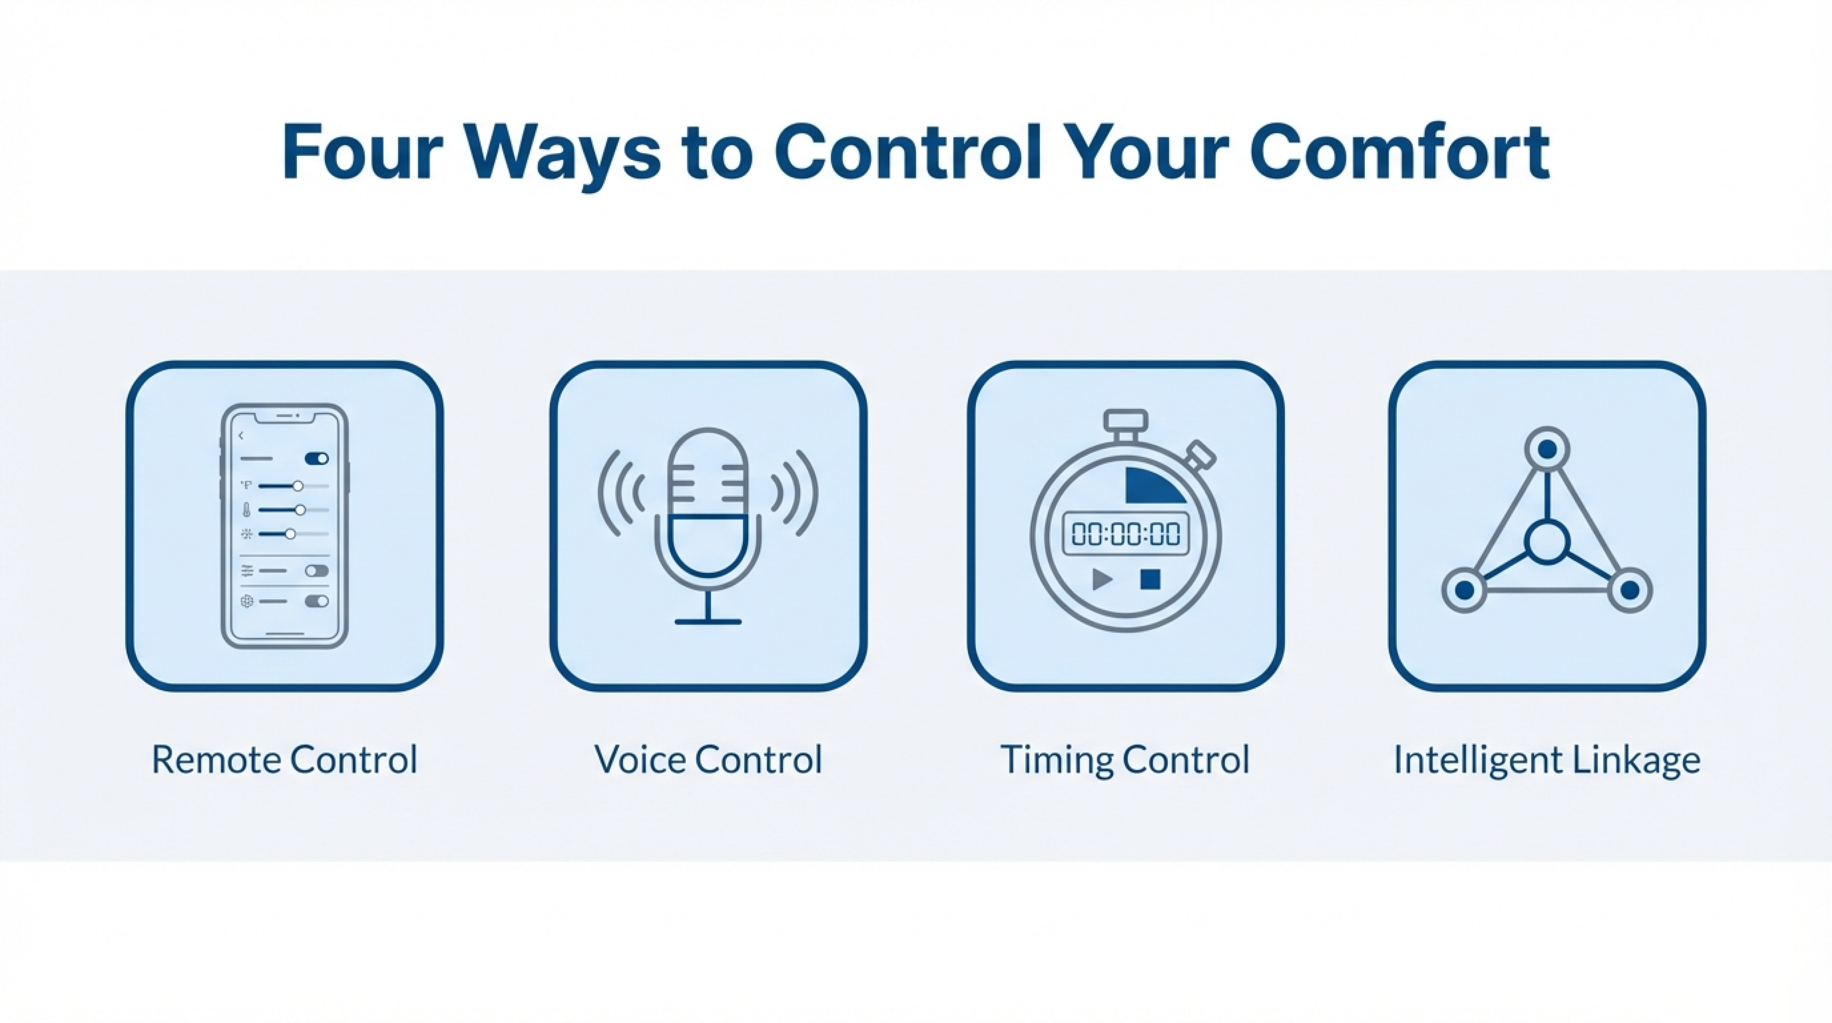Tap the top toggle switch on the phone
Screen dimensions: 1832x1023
coord(316,458)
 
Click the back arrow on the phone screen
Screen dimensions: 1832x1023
coord(241,435)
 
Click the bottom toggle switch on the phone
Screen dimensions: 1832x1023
coord(316,601)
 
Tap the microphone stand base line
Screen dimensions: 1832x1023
coord(707,622)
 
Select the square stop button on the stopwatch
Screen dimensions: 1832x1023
coord(1150,579)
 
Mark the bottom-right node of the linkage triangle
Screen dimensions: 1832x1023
coord(1630,590)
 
